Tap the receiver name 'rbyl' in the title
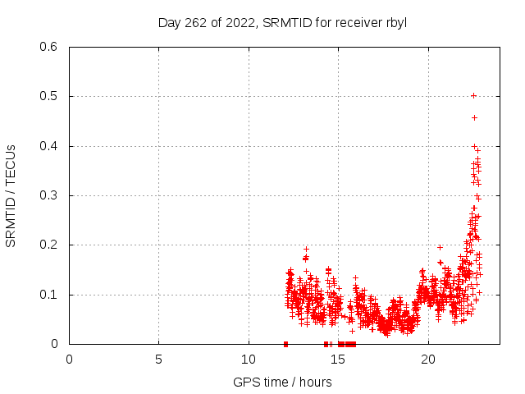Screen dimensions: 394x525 click(395, 23)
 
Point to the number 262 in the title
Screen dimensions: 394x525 click(197, 23)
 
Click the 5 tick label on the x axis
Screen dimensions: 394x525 click(158, 359)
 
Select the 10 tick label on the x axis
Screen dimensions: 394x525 click(249, 359)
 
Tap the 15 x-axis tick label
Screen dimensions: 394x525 click(338, 359)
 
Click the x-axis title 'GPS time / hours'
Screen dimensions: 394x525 click(282, 382)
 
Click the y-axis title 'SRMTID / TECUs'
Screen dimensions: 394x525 click(11, 195)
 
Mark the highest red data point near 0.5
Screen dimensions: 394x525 click(473, 96)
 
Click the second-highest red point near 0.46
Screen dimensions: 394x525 click(474, 117)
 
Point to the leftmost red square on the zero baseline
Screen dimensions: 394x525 click(285, 344)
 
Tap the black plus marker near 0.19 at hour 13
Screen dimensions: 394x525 click(306, 249)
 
